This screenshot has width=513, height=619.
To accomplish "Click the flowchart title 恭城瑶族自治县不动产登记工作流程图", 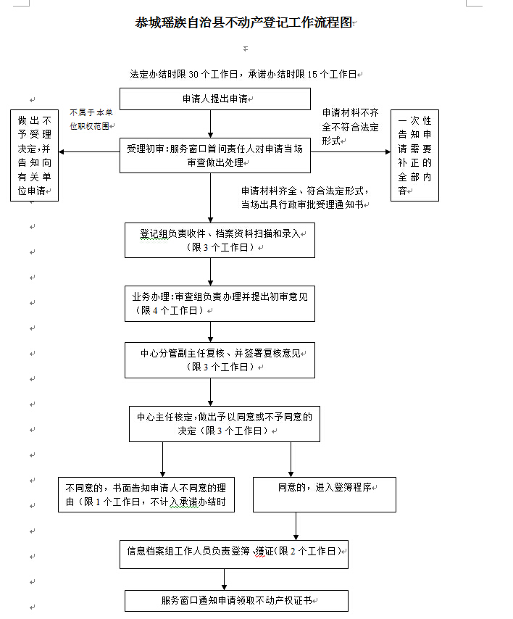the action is tap(243, 22).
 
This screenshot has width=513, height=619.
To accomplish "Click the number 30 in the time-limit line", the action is tap(193, 74).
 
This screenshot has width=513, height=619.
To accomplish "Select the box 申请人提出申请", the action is tap(215, 99).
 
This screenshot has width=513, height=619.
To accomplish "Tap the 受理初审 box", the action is tap(215, 155).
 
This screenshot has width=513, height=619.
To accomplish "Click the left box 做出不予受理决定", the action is tap(34, 156).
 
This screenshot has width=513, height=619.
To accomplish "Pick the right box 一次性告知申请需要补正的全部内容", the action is tap(414, 156).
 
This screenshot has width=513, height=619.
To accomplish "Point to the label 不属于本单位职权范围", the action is tap(91, 119).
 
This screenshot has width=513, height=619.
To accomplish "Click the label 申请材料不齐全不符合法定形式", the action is tap(351, 127).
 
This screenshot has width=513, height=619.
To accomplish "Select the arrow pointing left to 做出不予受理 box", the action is tap(89, 151).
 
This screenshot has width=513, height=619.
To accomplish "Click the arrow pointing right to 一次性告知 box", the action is tap(351, 151).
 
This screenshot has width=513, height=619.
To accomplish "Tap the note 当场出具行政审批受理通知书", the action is tap(302, 204).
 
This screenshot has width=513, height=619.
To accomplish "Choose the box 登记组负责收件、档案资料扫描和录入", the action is tap(220, 241).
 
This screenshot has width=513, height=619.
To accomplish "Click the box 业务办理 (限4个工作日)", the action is tap(220, 304).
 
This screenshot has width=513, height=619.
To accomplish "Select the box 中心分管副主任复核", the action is tap(220, 360).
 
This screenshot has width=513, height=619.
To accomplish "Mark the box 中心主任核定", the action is tap(225, 424).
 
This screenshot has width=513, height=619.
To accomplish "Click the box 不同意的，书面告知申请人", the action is tap(146, 494).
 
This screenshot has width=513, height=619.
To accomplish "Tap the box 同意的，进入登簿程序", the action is tap(325, 494).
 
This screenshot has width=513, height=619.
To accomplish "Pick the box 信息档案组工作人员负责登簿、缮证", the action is tap(234, 554).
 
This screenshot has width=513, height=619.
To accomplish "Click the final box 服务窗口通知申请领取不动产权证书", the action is tap(236, 601).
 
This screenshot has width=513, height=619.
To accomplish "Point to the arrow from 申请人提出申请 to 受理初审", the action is tap(211, 124).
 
